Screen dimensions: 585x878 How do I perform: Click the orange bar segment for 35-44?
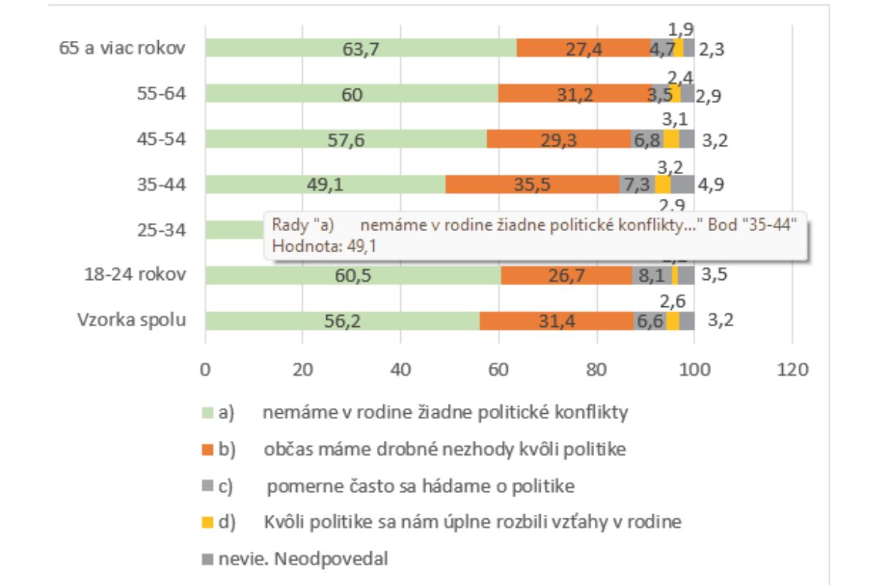[532, 184]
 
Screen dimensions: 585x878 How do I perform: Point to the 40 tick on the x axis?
[401, 370]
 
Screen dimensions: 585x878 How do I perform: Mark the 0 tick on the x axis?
[206, 370]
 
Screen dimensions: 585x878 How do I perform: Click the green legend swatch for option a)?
[206, 414]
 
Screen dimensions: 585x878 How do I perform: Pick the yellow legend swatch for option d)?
[206, 523]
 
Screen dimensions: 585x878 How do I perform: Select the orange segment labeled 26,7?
[567, 275]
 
